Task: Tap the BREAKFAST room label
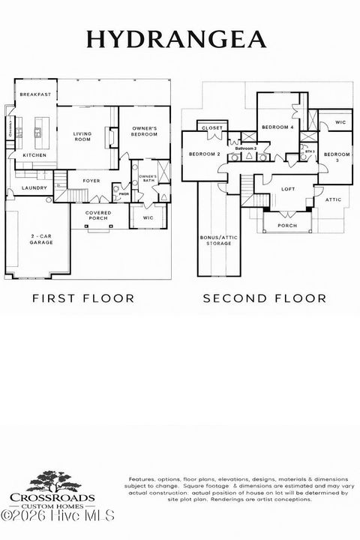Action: [x=35, y=94]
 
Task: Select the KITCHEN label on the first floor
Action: [x=34, y=155]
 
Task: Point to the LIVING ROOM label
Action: [x=82, y=136]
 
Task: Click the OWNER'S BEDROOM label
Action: [x=145, y=130]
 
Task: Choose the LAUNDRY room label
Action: [x=34, y=188]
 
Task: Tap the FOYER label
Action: [x=91, y=181]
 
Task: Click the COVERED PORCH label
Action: [x=99, y=215]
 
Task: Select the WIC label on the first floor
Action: [x=148, y=219]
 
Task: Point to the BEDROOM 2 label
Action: [x=203, y=154]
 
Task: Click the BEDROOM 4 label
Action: [x=278, y=127]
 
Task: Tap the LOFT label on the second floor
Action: [x=288, y=189]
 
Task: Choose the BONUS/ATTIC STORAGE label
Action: [x=214, y=240]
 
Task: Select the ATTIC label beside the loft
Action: [x=333, y=199]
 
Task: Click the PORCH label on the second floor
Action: [x=286, y=225]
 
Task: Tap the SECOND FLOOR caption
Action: [x=265, y=298]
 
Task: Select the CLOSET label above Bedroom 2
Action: [x=213, y=128]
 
